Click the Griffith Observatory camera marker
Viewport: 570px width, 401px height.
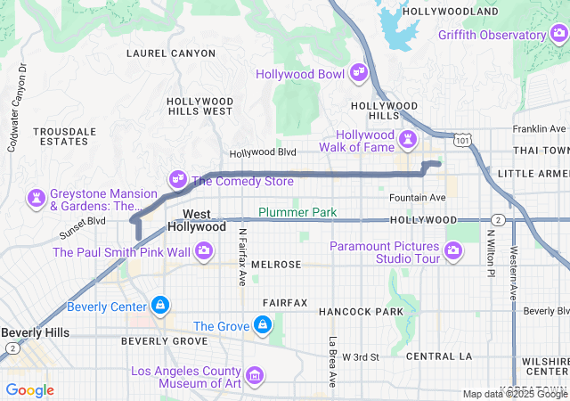pyautogui.click(x=558, y=35)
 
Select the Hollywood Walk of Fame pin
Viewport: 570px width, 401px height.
pyautogui.click(x=408, y=140)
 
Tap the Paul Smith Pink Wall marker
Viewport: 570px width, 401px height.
pyautogui.click(x=204, y=252)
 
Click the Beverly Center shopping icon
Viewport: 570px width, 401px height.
pyautogui.click(x=159, y=307)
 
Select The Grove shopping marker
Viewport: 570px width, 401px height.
pyautogui.click(x=263, y=326)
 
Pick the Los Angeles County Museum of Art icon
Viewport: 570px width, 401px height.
pyautogui.click(x=256, y=377)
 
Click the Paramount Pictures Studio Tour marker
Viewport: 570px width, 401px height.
pyautogui.click(x=454, y=252)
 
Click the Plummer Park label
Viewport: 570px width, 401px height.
pyautogui.click(x=297, y=212)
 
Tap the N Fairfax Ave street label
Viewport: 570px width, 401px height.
pyautogui.click(x=241, y=258)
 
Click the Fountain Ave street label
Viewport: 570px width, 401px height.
pyautogui.click(x=417, y=197)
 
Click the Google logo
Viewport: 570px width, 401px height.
pyautogui.click(x=30, y=389)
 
